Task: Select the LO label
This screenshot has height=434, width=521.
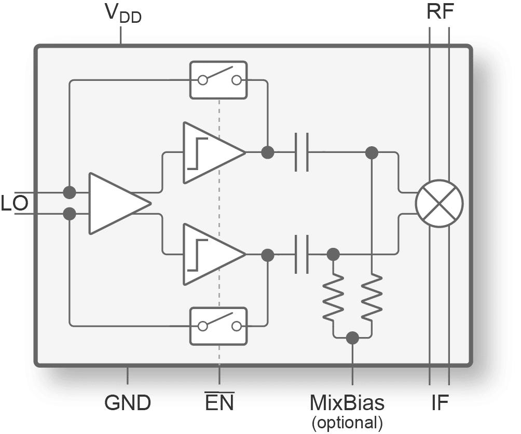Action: click(14, 204)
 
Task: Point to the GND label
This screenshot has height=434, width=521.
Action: click(128, 403)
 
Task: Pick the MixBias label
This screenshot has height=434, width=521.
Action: click(347, 403)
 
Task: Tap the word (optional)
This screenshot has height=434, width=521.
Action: click(347, 422)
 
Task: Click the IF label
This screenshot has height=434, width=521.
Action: click(440, 403)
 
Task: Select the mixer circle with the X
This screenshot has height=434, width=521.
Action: click(440, 203)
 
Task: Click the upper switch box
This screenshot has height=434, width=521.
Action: click(219, 80)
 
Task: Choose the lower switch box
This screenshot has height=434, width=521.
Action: click(219, 326)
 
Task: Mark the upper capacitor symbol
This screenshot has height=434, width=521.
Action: click(301, 152)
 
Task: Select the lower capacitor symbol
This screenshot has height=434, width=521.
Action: click(301, 255)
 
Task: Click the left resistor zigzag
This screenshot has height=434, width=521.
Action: click(333, 299)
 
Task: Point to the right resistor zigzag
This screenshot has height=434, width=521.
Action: click(372, 299)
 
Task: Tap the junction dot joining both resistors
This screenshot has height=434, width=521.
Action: click(353, 338)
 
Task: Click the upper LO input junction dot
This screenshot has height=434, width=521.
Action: click(69, 192)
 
